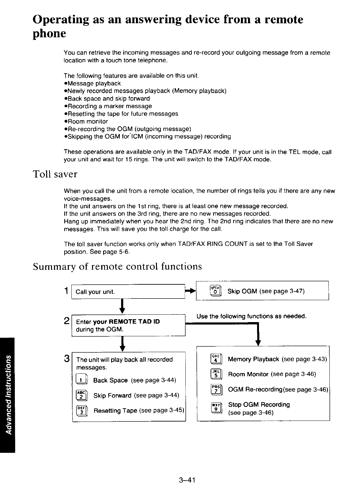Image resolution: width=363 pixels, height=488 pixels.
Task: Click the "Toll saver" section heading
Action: point(55,174)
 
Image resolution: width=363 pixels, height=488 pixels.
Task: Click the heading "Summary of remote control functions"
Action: point(117,267)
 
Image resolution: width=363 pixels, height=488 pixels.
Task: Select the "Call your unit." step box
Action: point(128,292)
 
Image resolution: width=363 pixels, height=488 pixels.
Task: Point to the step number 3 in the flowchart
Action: point(67,359)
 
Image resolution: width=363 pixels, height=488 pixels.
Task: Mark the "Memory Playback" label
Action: point(254,359)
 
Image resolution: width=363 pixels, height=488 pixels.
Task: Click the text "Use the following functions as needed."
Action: point(251,316)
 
